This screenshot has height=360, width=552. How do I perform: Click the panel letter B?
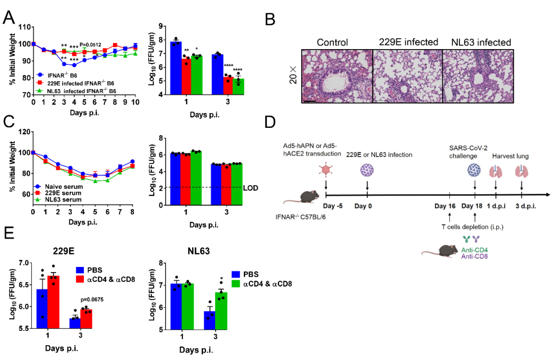click(x=271, y=19)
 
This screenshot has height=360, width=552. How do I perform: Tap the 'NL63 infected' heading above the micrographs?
click(x=481, y=42)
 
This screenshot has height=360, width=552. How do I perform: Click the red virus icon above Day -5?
click(x=326, y=171)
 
